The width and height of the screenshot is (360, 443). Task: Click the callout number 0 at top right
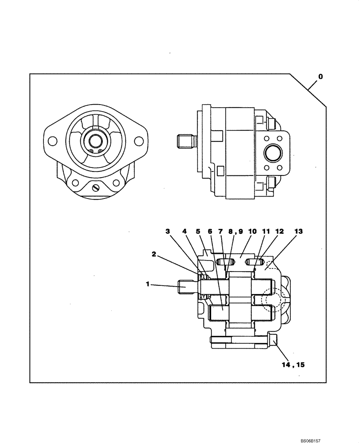pos(320,77)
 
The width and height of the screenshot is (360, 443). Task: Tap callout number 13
pos(298,231)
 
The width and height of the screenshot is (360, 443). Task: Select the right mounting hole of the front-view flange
pos(139,141)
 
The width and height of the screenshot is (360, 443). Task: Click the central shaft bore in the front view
pos(95,141)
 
